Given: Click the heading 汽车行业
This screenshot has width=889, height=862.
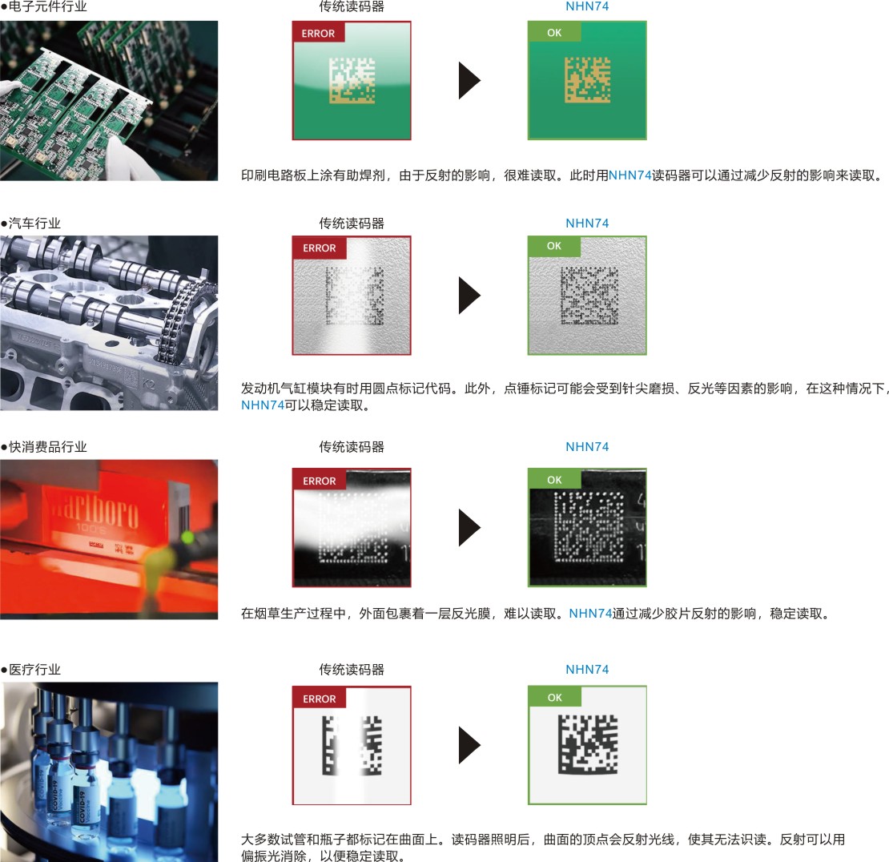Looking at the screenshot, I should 34,224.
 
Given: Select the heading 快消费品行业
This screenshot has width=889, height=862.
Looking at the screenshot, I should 46,447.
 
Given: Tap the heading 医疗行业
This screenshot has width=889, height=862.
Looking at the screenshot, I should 34,670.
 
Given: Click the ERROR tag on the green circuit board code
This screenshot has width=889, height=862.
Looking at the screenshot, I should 319,33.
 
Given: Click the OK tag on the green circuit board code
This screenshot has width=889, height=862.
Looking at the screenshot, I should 554,33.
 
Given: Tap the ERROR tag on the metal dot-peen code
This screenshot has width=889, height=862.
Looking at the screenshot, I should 319,248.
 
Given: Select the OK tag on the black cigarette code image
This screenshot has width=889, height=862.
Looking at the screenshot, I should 554,480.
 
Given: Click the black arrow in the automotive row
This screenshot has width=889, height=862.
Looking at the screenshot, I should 469,296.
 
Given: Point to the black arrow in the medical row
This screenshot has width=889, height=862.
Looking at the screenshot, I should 469,745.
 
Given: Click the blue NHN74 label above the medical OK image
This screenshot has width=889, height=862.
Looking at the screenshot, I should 587,670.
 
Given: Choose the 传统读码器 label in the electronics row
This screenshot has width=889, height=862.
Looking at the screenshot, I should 352,7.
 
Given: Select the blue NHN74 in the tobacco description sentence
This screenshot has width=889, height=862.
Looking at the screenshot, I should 590,614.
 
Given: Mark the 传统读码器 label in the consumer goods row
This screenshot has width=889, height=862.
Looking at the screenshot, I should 352,447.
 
